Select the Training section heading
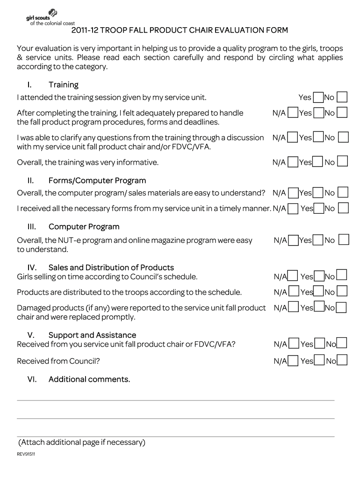pos(63,85)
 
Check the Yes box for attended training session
pos(318,97)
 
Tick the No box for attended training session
pos(342,97)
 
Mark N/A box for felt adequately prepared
pos(293,113)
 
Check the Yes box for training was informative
pos(318,162)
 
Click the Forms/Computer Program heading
pos(97,181)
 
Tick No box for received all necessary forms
pos(343,208)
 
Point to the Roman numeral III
pos(32,227)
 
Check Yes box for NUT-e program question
pos(318,240)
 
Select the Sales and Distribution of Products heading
pos(111,268)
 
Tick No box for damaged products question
pos(341,308)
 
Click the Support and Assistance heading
pos(92,335)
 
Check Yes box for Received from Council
pos(319,360)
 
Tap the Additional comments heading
pos(89,379)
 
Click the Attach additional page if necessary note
pos(82,442)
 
